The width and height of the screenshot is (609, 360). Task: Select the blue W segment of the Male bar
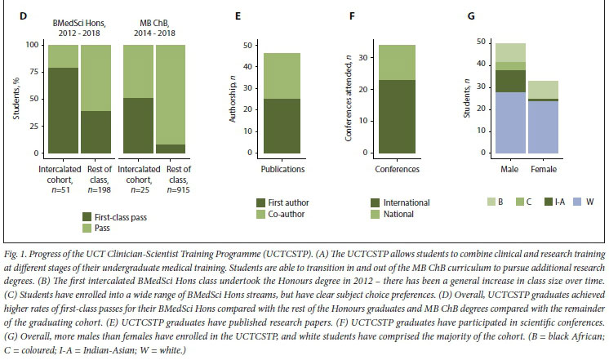511,122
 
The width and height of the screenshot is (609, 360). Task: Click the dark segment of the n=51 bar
64,110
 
